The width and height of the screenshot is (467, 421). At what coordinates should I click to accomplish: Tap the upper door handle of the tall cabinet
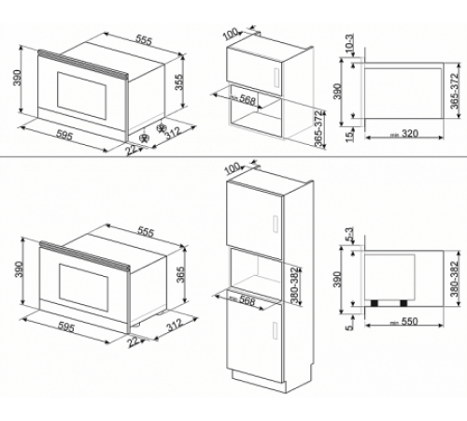click(x=277, y=221)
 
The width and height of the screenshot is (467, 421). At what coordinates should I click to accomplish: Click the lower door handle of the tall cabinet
click(x=277, y=328)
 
